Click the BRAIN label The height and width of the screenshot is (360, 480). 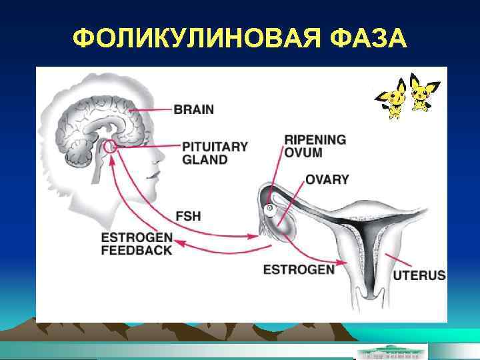coord(194,109)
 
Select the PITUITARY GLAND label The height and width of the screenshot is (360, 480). coord(214,153)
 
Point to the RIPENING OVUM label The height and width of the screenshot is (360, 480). coord(315,146)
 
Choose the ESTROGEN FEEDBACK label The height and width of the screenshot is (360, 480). coord(137,244)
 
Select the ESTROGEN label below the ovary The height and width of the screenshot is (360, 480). coord(299,270)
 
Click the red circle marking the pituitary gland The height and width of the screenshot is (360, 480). coord(111,147)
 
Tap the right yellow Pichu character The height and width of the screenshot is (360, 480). coord(420,93)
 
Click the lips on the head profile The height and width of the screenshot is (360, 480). coord(155,175)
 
